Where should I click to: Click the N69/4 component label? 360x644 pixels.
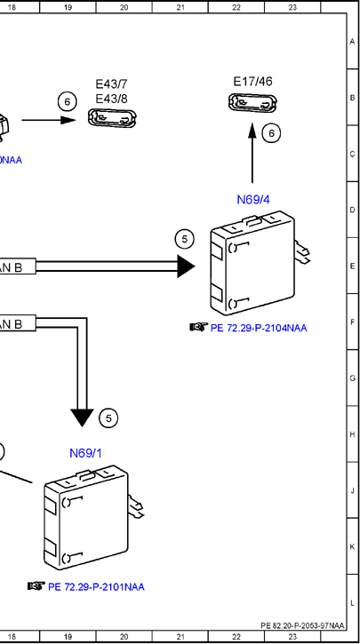[x=253, y=200]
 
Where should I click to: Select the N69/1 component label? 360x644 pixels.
[x=85, y=453]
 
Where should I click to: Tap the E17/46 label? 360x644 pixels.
[x=252, y=82]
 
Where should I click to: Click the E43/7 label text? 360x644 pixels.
[x=111, y=84]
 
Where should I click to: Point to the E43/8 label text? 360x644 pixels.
[x=111, y=99]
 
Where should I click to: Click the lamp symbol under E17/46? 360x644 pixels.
[x=252, y=103]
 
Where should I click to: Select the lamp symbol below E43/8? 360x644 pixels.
[x=112, y=118]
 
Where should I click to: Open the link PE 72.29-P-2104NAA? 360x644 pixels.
[x=259, y=328]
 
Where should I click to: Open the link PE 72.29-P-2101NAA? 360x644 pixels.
[x=96, y=587]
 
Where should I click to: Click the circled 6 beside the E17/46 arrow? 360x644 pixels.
[x=271, y=133]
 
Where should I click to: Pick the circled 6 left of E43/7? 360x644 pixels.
[x=68, y=101]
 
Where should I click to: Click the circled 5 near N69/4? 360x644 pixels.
[x=185, y=239]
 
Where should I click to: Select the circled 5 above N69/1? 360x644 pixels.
[x=108, y=418]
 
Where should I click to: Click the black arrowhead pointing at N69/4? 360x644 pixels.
[x=186, y=266]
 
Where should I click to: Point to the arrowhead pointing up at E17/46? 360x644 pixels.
[x=252, y=130]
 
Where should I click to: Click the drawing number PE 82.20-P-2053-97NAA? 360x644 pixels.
[x=302, y=625]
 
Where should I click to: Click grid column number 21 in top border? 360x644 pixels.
[x=180, y=7]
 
